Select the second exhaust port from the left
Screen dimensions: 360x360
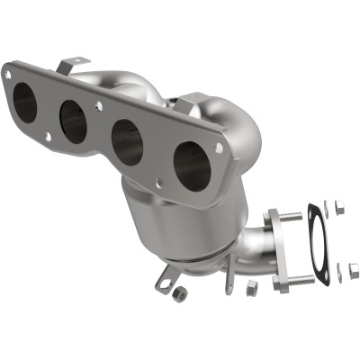(74, 121)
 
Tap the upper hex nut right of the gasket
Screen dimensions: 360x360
(340, 209)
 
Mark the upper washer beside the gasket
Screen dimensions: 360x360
(328, 206)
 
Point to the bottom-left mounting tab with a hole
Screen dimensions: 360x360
(164, 281)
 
